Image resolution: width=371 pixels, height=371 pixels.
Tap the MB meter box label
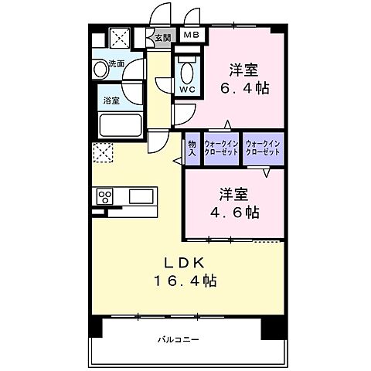[189, 34]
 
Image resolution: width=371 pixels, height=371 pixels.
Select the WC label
[187, 89]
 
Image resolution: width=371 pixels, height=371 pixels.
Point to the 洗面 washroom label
[116, 63]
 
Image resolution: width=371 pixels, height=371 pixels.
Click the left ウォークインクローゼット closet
[221, 148]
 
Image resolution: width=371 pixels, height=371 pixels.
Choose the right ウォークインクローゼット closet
[263, 148]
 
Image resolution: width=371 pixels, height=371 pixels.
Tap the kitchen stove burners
[104, 197]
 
